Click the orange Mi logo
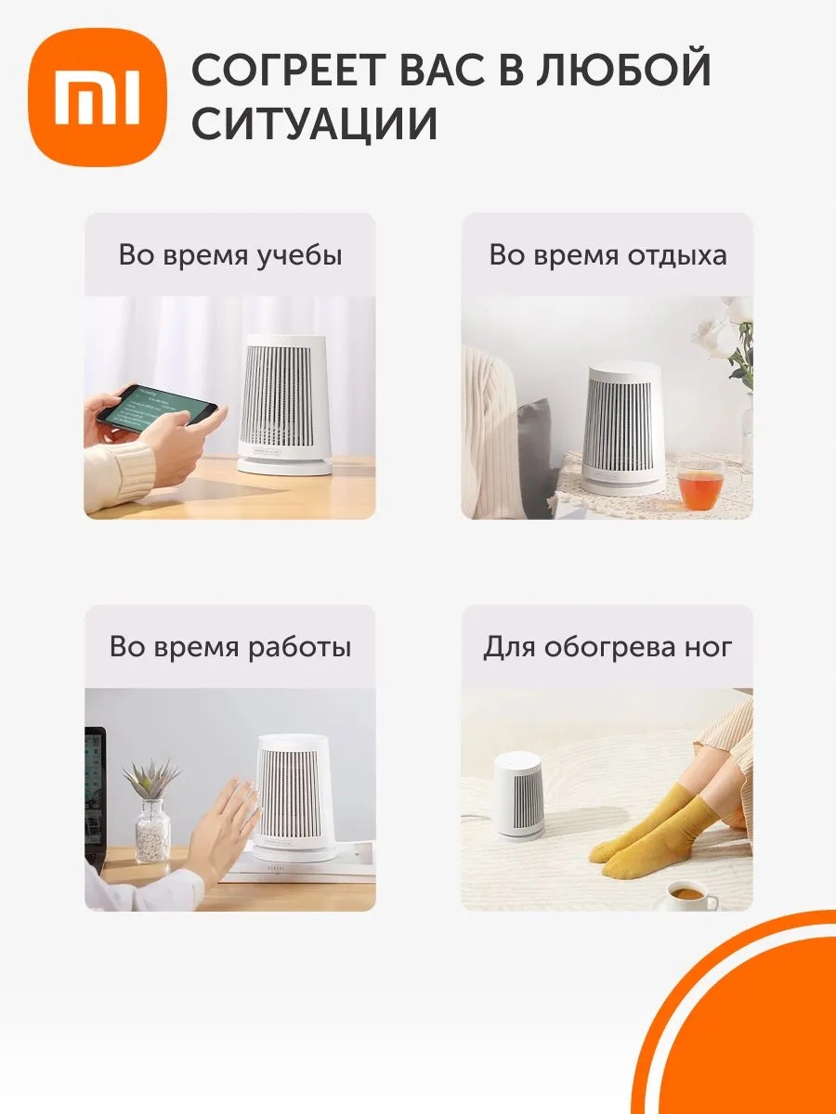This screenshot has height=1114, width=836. click(98, 97)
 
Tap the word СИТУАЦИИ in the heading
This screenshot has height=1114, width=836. click(315, 123)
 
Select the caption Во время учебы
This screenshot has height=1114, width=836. click(230, 255)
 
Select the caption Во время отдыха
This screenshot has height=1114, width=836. click(607, 255)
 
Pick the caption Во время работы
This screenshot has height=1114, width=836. click(230, 646)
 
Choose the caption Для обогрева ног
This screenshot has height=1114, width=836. click(607, 646)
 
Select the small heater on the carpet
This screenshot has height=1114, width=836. click(519, 795)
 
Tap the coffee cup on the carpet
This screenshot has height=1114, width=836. click(690, 894)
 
